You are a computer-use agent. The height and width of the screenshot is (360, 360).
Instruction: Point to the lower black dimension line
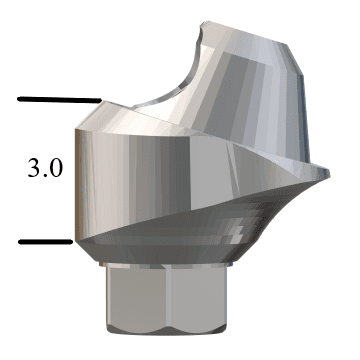46,241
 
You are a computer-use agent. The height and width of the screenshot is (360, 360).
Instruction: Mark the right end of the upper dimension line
101,100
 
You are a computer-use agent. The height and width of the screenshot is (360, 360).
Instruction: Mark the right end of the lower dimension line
73,241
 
